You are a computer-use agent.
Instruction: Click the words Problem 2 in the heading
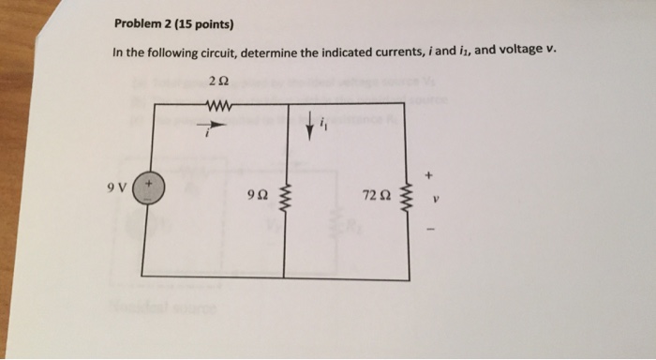[143, 23]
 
